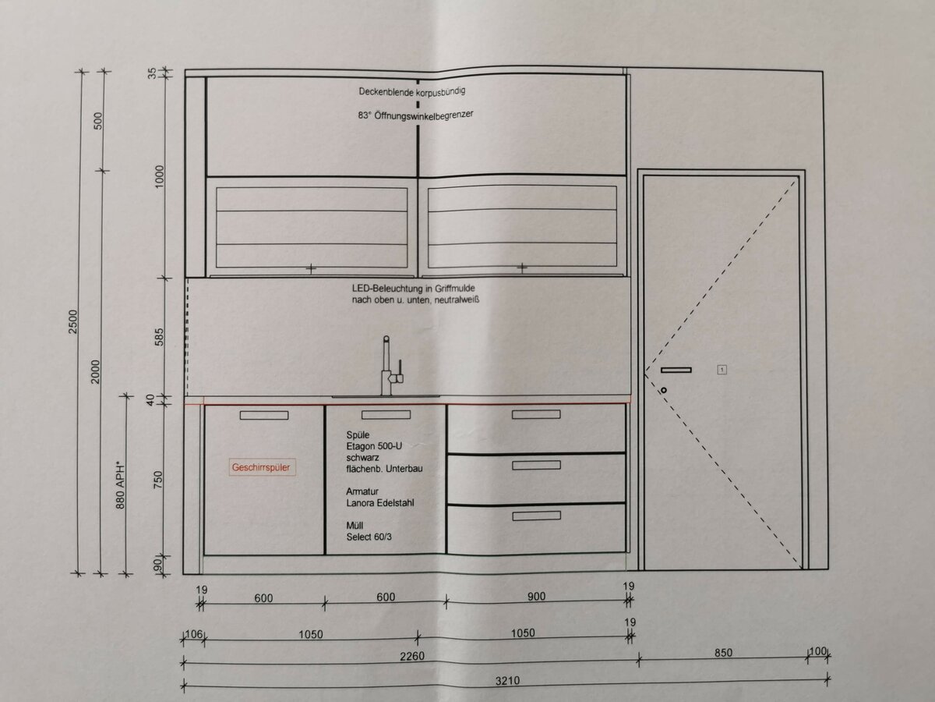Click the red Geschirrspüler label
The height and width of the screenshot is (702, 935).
tap(262, 467)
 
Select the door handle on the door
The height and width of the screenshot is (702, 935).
tap(676, 370)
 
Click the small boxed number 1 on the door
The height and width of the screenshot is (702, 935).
tap(722, 370)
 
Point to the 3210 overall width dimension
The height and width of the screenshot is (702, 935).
tap(507, 681)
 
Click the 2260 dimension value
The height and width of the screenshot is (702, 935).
tap(412, 656)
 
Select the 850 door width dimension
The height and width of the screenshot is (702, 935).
tap(723, 653)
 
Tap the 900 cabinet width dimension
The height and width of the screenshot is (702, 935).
tap(536, 596)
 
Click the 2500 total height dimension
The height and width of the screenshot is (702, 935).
tap(73, 322)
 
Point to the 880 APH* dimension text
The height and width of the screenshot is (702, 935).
tap(121, 485)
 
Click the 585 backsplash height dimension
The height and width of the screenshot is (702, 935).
tap(158, 337)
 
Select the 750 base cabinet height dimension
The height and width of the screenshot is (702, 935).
tap(158, 480)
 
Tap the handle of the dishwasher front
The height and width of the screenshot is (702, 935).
tap(264, 415)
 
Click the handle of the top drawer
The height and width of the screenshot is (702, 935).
tap(536, 414)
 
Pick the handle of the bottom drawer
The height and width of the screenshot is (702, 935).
tap(536, 516)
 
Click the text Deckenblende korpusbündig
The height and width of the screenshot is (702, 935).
tap(412, 91)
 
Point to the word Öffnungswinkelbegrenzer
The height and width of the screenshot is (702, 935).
tap(424, 115)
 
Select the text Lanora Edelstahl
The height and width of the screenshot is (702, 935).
tap(380, 503)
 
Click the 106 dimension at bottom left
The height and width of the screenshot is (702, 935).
tap(193, 634)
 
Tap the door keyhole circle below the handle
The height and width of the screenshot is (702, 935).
tap(664, 390)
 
